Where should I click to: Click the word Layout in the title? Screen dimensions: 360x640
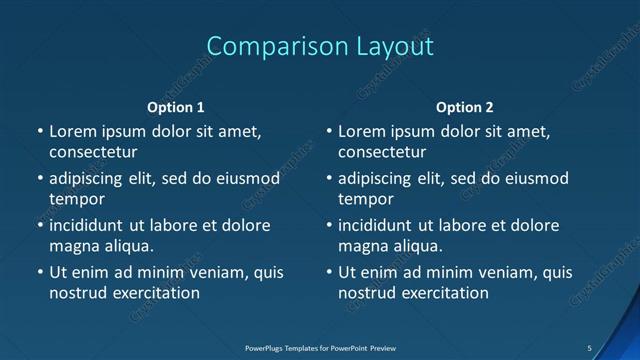pyautogui.click(x=386, y=46)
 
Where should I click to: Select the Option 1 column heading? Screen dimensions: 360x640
pyautogui.click(x=176, y=107)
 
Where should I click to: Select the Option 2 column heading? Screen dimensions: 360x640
pyautogui.click(x=465, y=107)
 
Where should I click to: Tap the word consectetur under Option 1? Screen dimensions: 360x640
pyautogui.click(x=93, y=153)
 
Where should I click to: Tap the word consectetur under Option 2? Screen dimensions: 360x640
pyautogui.click(x=382, y=153)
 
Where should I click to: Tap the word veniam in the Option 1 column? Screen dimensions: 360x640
pyautogui.click(x=208, y=272)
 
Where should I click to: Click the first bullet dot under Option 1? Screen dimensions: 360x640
pyautogui.click(x=40, y=131)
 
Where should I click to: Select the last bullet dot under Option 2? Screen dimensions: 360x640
pyautogui.click(x=329, y=272)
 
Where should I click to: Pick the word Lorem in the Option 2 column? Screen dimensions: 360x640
pyautogui.click(x=361, y=131)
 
